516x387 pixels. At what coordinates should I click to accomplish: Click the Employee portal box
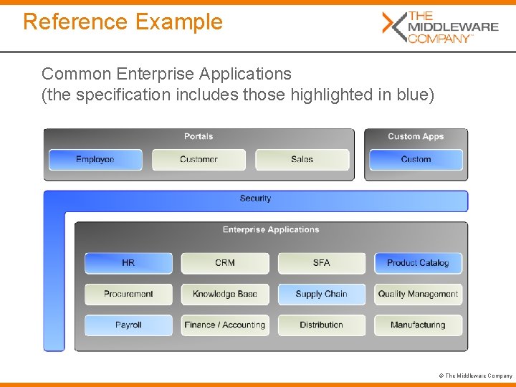[x=95, y=159]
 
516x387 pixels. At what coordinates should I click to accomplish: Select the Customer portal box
[x=199, y=159]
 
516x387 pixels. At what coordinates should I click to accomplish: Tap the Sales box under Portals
[x=302, y=159]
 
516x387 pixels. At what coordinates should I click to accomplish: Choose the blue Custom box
[x=416, y=159]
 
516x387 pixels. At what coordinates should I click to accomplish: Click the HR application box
[x=128, y=263]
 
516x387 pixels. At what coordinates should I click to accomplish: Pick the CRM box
[x=225, y=263]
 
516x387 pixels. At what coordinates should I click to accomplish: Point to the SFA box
[x=322, y=263]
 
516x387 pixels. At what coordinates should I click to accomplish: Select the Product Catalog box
[x=418, y=263]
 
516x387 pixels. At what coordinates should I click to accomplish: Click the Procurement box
[x=128, y=294]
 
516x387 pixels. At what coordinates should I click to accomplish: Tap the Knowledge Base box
[x=225, y=294]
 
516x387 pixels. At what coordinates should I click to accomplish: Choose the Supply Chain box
[x=322, y=294]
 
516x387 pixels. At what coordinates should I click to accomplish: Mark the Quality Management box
[x=418, y=294]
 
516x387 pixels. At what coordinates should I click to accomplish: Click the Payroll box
[x=128, y=325]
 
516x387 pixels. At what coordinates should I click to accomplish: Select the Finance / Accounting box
[x=225, y=325]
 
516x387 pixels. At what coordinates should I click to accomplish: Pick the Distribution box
[x=322, y=325]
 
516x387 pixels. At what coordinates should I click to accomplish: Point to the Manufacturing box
[x=418, y=325]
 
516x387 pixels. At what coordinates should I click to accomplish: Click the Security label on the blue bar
[x=255, y=199]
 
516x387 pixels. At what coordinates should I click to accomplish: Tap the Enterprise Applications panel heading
[x=271, y=230]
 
